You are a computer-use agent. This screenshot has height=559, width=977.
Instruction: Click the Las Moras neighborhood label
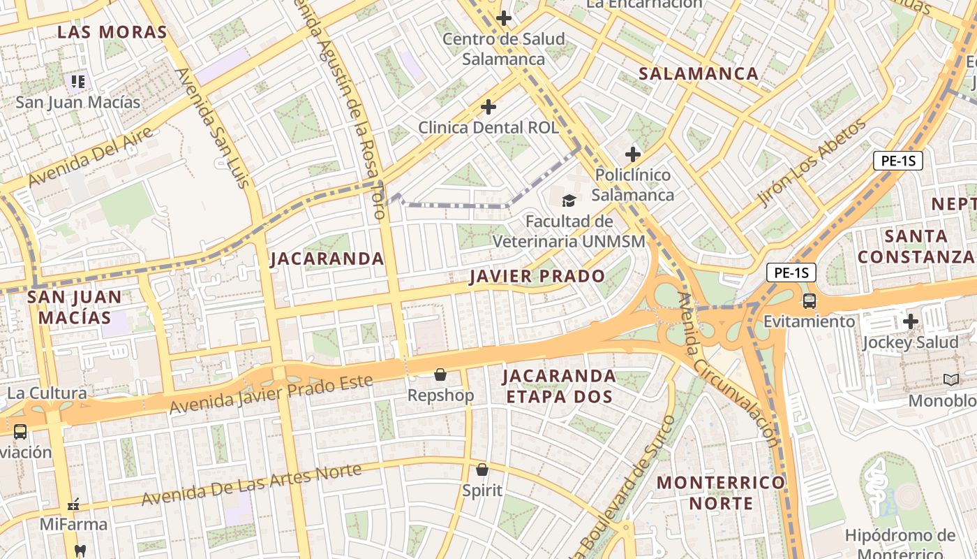click(112, 32)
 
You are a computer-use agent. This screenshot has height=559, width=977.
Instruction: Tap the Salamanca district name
click(699, 73)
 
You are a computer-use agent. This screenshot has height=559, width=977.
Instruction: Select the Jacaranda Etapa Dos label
click(559, 386)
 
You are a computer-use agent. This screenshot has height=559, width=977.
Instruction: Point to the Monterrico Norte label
click(721, 493)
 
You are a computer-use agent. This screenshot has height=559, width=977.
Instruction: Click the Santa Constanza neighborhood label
click(915, 246)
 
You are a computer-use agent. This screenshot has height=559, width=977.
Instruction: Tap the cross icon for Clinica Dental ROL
click(488, 107)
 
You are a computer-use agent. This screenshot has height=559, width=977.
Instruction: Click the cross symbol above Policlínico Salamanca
click(633, 154)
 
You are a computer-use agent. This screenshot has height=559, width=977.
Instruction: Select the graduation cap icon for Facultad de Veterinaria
click(569, 201)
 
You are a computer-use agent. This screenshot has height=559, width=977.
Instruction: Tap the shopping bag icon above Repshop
click(440, 375)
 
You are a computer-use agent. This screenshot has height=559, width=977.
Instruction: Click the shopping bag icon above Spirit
click(482, 470)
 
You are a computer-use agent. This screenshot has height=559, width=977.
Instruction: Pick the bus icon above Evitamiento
click(809, 301)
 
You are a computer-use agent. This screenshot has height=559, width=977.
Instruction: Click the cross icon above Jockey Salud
click(910, 321)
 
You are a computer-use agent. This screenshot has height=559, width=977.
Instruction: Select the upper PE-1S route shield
click(897, 161)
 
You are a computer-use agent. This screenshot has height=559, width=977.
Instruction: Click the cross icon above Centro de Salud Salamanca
click(503, 18)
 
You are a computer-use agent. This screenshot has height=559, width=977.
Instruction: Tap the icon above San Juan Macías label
click(77, 82)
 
